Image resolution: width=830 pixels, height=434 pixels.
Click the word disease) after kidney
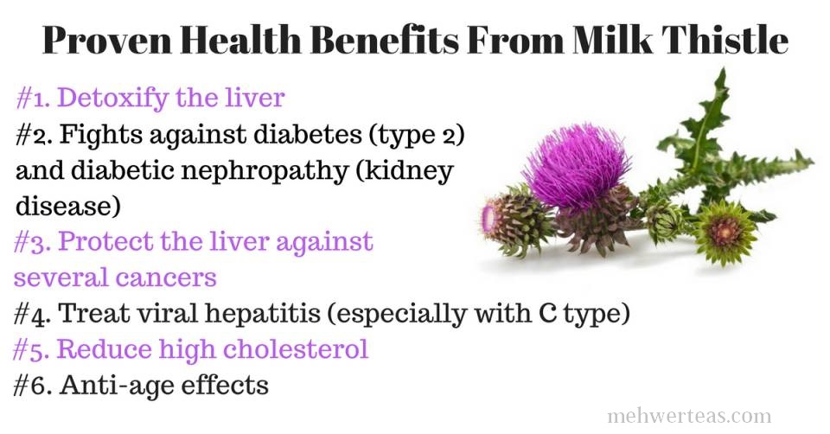67,206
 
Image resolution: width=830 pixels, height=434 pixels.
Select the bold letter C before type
547,313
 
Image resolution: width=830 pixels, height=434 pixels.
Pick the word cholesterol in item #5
296,349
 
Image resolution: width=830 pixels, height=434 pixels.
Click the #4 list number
33,314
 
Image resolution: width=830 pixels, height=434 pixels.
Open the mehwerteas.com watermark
689,416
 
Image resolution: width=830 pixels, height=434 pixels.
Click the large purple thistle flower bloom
577,165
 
